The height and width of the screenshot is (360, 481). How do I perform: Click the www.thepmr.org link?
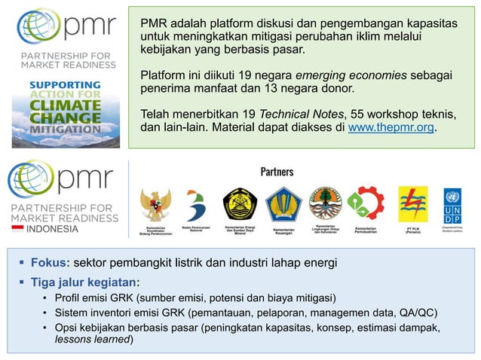(391, 128)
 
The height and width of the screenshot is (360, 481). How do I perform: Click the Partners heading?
(277, 172)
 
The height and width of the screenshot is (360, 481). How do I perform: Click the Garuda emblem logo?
(155, 206)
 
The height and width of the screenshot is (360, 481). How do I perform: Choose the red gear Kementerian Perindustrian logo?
(366, 203)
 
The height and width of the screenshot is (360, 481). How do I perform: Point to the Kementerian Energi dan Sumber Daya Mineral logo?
(240, 203)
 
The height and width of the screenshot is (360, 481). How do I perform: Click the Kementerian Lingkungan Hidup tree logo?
(325, 202)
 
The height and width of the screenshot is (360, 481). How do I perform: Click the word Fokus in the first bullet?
(50, 263)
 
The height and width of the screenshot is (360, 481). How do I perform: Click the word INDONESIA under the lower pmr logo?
(52, 229)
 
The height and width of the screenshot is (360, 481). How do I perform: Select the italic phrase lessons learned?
(93, 340)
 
